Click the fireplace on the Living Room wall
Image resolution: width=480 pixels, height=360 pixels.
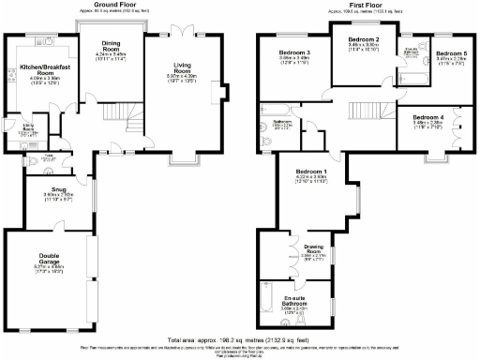pyautogui.click(x=226, y=92)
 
